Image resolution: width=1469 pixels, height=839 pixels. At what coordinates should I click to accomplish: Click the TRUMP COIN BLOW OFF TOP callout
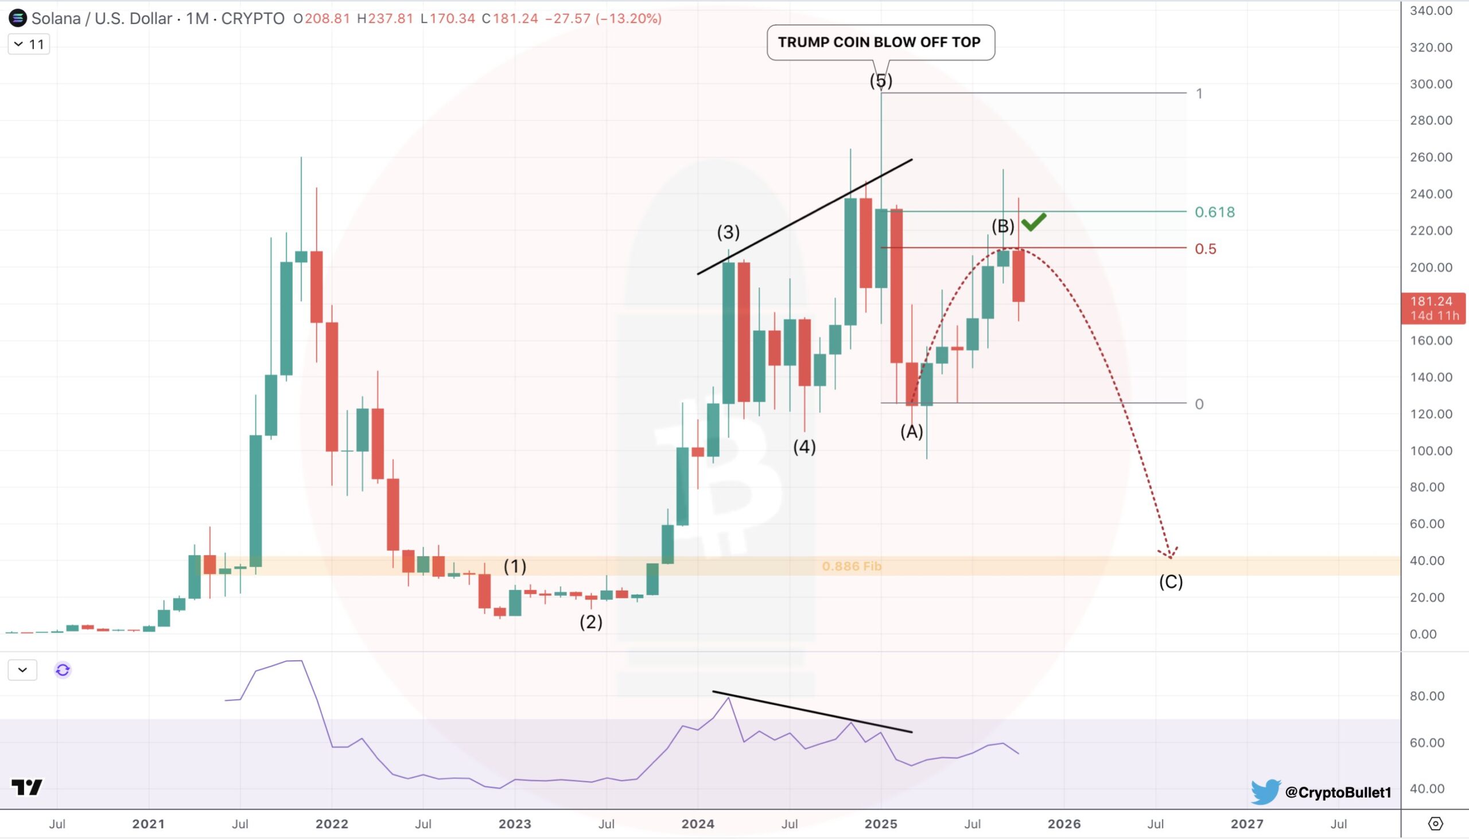click(x=880, y=42)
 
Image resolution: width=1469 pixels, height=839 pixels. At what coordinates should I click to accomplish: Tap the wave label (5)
click(x=881, y=81)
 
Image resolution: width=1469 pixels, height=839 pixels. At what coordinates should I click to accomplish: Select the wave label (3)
click(x=728, y=232)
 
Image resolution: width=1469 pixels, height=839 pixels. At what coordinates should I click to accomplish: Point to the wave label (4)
click(x=805, y=447)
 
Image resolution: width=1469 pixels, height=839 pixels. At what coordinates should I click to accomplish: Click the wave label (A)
click(x=911, y=431)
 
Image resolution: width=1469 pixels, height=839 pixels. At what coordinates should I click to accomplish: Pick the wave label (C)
click(x=1171, y=582)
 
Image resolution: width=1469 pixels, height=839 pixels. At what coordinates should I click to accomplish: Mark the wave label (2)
click(x=591, y=622)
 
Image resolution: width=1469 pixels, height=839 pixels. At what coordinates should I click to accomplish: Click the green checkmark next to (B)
click(x=1033, y=221)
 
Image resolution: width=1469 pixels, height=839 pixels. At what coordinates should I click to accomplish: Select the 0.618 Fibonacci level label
click(x=1214, y=212)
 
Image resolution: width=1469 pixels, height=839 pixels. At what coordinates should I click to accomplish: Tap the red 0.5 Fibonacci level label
click(x=1205, y=249)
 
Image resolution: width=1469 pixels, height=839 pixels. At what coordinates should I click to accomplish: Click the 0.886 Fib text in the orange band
click(x=852, y=567)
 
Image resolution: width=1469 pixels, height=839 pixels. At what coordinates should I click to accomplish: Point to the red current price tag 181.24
click(x=1433, y=308)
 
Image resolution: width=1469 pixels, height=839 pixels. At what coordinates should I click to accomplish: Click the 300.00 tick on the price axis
click(x=1431, y=84)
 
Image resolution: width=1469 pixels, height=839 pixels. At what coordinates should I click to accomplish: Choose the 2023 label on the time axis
click(x=515, y=824)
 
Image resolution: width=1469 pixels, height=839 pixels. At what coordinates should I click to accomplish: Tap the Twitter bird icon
click(x=1265, y=792)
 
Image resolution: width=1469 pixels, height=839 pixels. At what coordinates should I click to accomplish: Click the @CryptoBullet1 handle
click(x=1338, y=793)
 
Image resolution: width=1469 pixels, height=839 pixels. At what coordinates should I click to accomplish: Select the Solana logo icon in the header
click(x=17, y=18)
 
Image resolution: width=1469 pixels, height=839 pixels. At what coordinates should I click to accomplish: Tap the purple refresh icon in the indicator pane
click(x=63, y=670)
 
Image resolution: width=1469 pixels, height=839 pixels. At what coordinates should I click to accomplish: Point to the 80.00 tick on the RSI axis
click(x=1427, y=696)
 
